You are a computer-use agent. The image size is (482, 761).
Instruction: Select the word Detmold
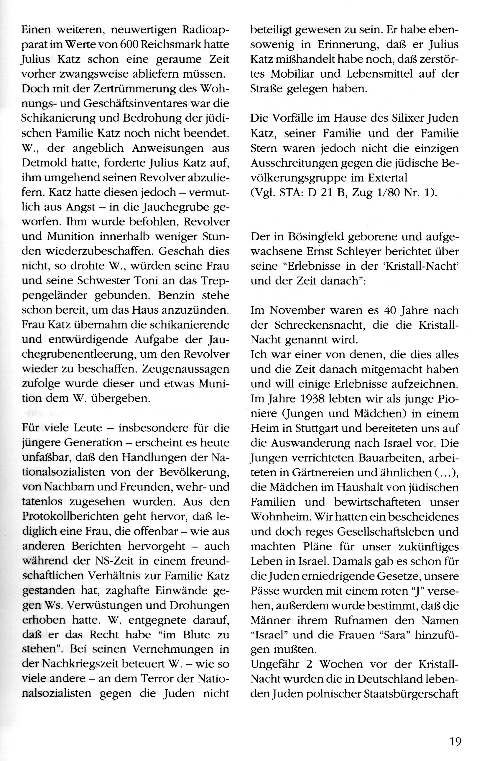43,163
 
